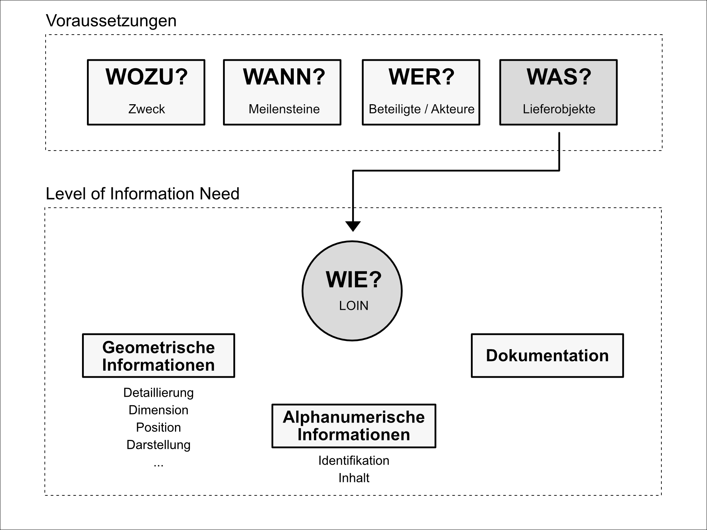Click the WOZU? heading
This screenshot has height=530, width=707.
146,77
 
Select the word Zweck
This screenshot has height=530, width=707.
146,109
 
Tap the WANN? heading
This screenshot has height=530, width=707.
284,77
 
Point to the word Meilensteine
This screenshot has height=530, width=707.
284,109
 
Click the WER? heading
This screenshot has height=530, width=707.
421,77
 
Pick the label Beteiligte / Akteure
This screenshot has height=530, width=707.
421,109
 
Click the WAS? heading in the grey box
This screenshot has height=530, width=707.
559,77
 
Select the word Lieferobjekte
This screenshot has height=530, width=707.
559,109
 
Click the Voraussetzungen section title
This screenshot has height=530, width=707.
111,21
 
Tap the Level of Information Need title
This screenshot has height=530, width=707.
142,194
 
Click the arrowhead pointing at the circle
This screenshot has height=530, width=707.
353,226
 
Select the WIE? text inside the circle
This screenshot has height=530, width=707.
353,280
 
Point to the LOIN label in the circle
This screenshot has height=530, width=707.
353,306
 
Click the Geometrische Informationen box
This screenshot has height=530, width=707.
158,356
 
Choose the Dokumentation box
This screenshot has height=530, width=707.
547,356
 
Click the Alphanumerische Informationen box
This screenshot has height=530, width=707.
353,426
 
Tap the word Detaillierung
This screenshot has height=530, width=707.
158,393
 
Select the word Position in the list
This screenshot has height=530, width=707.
158,428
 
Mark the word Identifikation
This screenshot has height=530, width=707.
353,461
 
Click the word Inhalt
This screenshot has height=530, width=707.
353,478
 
